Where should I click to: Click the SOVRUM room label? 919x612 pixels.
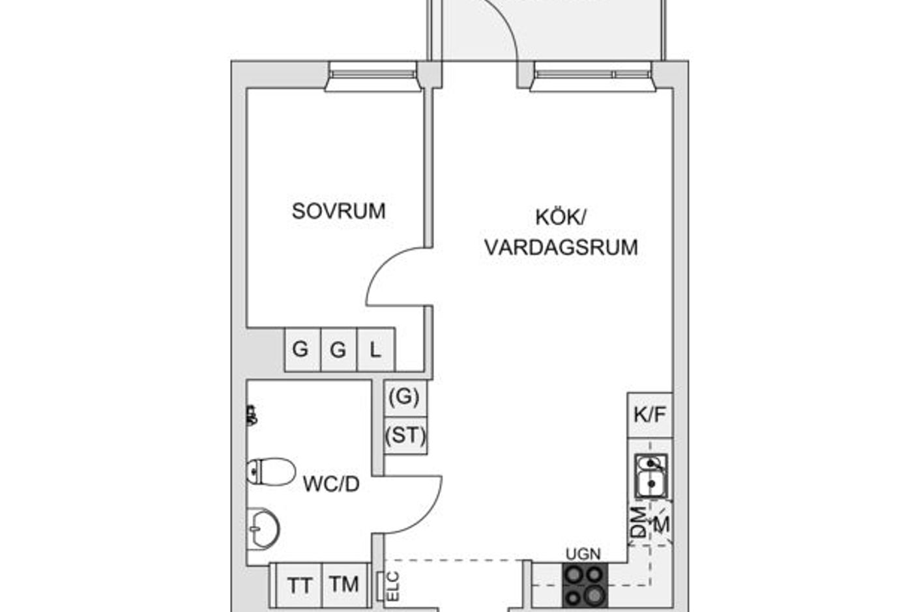[338, 211]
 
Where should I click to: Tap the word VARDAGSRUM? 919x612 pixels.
[561, 247]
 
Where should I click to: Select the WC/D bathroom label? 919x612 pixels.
[331, 484]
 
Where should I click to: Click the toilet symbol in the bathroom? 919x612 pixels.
[271, 471]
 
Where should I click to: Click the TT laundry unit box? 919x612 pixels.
[300, 585]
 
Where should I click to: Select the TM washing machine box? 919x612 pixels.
[345, 585]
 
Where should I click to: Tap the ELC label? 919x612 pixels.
[393, 586]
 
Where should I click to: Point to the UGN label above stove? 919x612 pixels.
[583, 554]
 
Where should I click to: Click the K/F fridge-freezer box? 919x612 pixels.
[650, 415]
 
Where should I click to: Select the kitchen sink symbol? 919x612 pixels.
[650, 476]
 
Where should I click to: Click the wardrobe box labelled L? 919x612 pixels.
[376, 350]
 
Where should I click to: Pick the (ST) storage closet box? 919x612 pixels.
[405, 436]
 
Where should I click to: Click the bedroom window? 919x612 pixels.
[373, 76]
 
